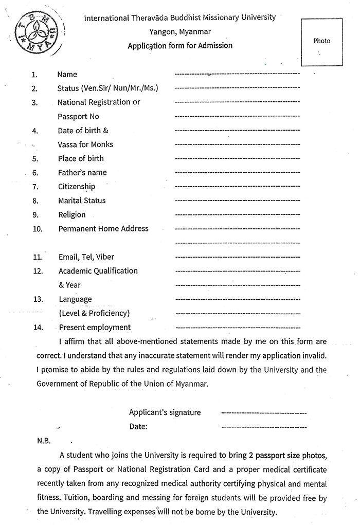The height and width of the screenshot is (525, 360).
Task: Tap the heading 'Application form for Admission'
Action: [180, 45]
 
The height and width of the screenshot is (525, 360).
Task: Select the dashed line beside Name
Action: [237, 75]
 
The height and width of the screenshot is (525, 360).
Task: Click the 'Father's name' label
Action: [82, 172]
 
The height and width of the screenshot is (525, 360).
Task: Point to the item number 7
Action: [35, 187]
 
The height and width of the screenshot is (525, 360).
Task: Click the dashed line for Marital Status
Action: [237, 201]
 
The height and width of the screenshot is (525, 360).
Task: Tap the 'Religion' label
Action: [72, 214]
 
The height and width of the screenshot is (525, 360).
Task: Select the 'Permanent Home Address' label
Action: [103, 228]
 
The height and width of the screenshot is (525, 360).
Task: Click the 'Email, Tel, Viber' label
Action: [83, 257]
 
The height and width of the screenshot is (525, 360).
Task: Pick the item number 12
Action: [38, 271]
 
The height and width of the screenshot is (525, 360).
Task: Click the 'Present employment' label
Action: [95, 327]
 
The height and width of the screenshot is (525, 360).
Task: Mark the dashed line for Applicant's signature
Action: [263, 413]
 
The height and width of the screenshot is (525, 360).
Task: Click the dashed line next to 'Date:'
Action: [263, 427]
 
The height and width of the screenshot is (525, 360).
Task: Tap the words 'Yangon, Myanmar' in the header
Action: [180, 31]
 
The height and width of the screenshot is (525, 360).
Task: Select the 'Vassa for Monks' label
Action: [85, 144]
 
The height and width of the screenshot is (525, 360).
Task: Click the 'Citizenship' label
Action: [77, 187]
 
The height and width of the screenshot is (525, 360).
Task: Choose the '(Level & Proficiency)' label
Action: [95, 313]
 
